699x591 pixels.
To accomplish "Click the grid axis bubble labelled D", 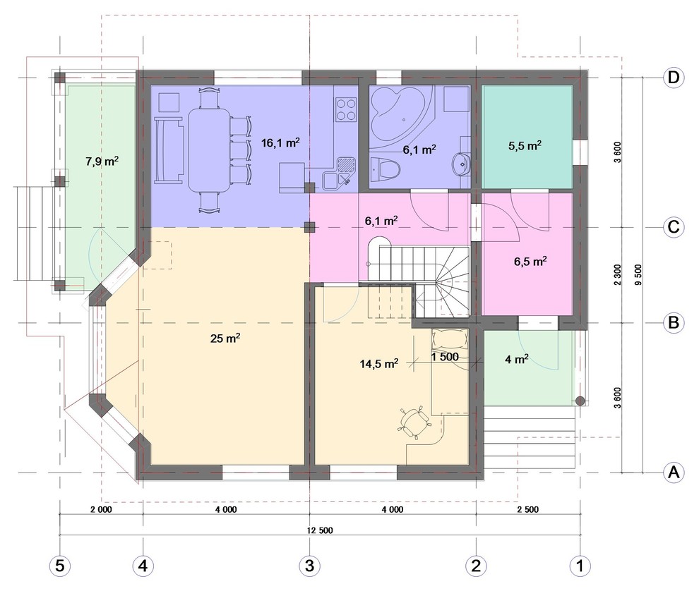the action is [x=673, y=78].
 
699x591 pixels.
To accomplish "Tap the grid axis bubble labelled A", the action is [x=673, y=472].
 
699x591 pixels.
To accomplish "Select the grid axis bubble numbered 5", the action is [x=60, y=566].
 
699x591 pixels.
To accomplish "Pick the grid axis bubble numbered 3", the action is [x=309, y=566].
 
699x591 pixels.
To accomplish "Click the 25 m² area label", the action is [x=225, y=339].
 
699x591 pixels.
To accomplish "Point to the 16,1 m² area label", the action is [x=280, y=143].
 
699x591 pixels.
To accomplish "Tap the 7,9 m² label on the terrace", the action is [x=102, y=161].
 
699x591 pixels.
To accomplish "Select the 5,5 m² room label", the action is [x=525, y=146].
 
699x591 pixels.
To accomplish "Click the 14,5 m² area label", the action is [x=379, y=364].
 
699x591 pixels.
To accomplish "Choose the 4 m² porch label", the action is [x=517, y=359].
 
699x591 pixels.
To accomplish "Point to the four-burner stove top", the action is [x=346, y=109].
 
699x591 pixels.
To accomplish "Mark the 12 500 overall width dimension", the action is [x=320, y=530].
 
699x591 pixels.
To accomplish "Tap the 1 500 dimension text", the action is [x=444, y=357].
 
